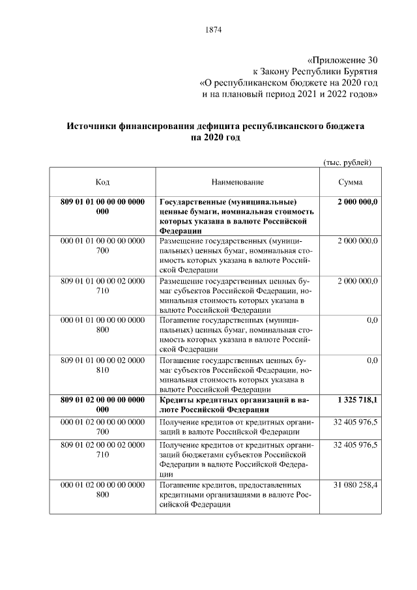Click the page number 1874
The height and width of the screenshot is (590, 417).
click(x=213, y=30)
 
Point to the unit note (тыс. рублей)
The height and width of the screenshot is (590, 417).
click(x=347, y=161)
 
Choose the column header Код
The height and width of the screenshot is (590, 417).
click(x=102, y=182)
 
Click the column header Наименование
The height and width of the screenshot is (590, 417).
click(x=237, y=182)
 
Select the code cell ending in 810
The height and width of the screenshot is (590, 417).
click(x=102, y=365)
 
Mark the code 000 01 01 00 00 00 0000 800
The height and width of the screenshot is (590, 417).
click(x=102, y=326)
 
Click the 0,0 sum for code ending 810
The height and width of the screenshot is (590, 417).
click(x=372, y=360)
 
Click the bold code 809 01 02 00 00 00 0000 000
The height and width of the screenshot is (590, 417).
click(x=102, y=405)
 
